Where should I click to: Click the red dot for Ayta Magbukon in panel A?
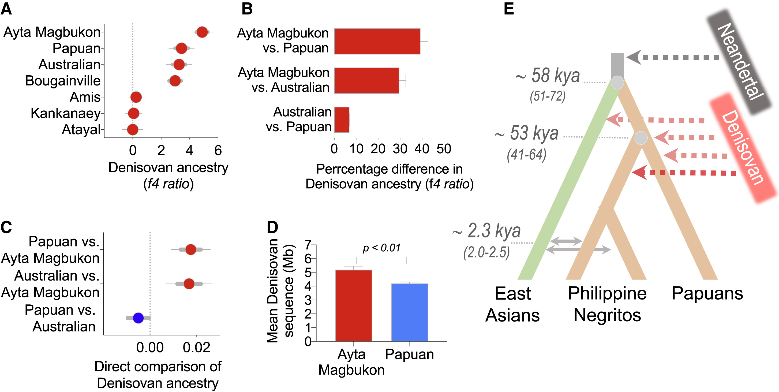click(x=202, y=32)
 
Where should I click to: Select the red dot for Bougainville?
click(x=175, y=81)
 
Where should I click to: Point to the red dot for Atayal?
click(x=132, y=130)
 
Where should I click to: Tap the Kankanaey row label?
click(x=65, y=113)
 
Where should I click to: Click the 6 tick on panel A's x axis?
click(x=218, y=150)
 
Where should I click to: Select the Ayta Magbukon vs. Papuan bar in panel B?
click(x=377, y=42)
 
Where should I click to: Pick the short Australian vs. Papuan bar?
click(x=342, y=120)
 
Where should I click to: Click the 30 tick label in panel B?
click(x=400, y=149)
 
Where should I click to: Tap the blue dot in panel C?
click(x=138, y=318)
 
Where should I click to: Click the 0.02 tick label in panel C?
click(x=196, y=348)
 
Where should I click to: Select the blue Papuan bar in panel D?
click(x=410, y=312)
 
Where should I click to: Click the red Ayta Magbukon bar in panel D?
click(x=354, y=305)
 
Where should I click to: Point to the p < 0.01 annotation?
click(x=381, y=248)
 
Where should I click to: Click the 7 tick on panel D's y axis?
click(x=308, y=245)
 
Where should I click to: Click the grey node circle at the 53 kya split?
click(x=641, y=138)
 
